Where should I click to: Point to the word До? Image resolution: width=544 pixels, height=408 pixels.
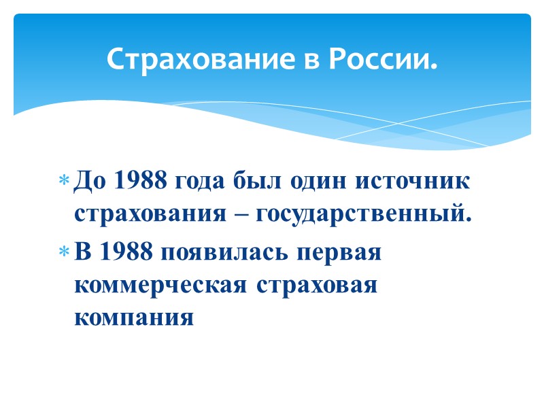tap(88, 182)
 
